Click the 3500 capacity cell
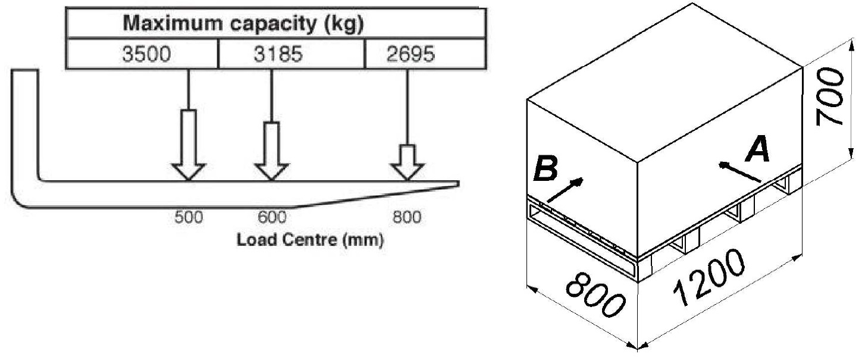click(142, 54)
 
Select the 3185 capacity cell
click(291, 54)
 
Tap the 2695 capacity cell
click(425, 54)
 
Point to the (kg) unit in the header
click(344, 24)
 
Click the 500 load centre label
click(189, 217)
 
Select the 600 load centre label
click(272, 217)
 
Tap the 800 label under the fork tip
click(407, 217)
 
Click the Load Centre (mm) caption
click(310, 240)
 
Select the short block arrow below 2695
click(408, 162)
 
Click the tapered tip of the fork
click(459, 184)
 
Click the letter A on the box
click(758, 149)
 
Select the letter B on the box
click(546, 168)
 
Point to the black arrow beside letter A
click(739, 172)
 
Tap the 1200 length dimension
click(709, 278)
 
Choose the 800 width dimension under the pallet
click(594, 295)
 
